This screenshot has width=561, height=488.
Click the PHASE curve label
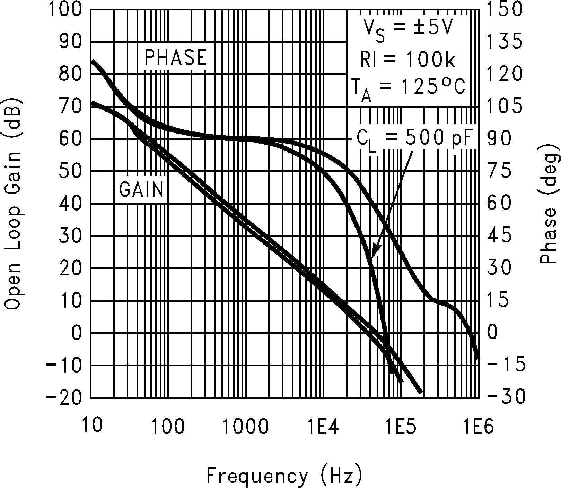coord(175,58)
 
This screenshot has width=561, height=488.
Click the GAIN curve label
coord(141,189)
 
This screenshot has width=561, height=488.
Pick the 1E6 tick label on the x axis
coord(478,426)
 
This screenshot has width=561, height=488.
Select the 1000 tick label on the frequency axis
coord(245,426)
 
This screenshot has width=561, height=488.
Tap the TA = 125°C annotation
coord(407,89)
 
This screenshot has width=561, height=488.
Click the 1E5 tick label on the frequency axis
coord(400,426)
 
